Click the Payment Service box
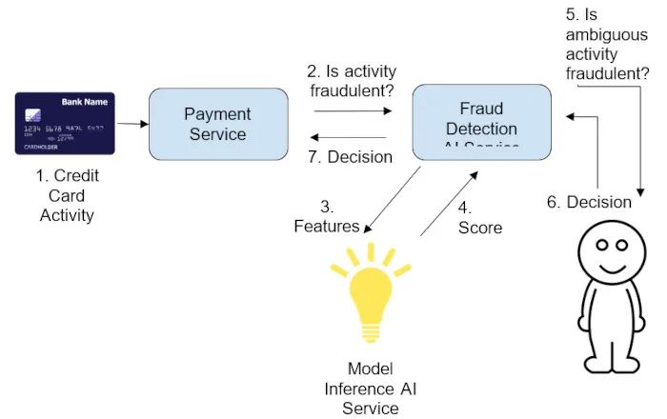tap(218, 124)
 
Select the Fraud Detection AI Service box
tap(481, 121)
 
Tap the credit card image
tap(65, 124)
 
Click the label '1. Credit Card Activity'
tap(67, 195)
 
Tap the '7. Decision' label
tap(352, 157)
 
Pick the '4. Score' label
tap(480, 218)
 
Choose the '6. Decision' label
tap(589, 202)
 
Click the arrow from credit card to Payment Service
tap(132, 124)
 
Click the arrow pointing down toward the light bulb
tap(393, 201)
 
